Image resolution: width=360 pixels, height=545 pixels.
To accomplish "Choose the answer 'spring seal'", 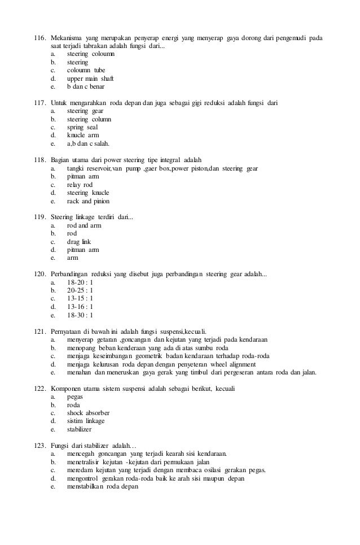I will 82,128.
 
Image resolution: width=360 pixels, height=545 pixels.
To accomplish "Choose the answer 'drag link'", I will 79,242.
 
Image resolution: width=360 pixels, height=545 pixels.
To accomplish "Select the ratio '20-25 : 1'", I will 80,290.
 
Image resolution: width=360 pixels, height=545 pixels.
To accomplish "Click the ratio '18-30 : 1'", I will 80,315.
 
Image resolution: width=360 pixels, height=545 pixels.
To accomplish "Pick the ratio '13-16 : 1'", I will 80,307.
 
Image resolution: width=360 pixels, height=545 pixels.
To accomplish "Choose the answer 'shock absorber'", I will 88,413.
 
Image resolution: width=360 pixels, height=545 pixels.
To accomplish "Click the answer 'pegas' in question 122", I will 76,396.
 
